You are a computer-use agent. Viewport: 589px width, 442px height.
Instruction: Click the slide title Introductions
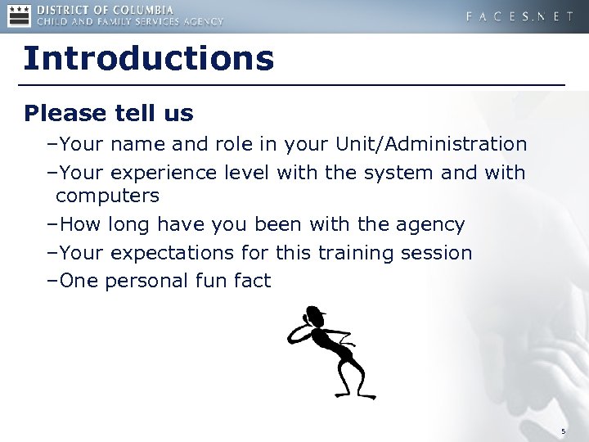click(148, 59)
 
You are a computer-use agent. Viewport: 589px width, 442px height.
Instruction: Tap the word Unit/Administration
click(431, 145)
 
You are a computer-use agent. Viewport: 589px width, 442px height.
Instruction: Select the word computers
click(107, 196)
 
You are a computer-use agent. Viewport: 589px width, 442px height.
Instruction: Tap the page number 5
click(563, 431)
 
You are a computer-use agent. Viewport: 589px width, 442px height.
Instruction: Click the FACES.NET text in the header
click(519, 16)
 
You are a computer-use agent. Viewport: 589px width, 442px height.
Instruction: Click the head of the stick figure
click(312, 315)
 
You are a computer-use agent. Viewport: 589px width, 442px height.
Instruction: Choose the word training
click(355, 253)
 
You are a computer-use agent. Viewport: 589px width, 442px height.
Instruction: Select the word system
click(388, 173)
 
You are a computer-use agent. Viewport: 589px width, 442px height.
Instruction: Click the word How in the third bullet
click(77, 224)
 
